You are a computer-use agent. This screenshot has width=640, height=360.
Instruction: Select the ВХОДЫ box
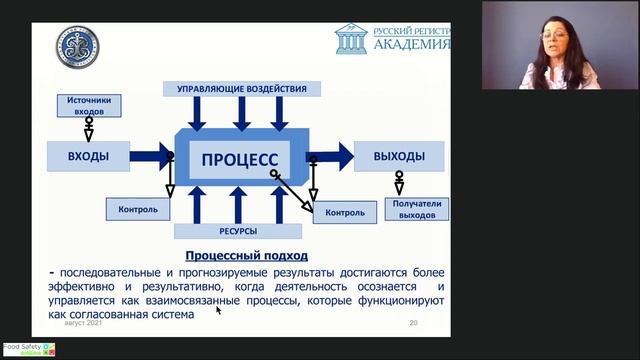click(88, 156)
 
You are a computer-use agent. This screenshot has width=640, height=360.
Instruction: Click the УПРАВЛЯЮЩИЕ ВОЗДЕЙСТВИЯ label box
click(242, 89)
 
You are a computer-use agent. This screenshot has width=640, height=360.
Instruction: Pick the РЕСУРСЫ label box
click(237, 231)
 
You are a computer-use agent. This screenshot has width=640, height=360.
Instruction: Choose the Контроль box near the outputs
click(344, 212)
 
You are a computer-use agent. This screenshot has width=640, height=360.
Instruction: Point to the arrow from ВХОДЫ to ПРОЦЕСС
click(150, 156)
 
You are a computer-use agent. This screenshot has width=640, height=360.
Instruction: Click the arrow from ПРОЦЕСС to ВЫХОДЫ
click(330, 156)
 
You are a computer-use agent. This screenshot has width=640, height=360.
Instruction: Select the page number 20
click(413, 323)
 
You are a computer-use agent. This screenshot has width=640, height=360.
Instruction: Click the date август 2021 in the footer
click(83, 323)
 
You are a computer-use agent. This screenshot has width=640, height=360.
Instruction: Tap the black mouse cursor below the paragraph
click(218, 310)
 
